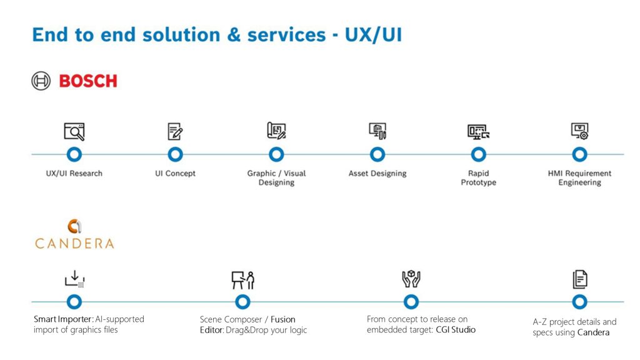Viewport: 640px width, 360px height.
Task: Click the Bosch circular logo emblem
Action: (41, 81)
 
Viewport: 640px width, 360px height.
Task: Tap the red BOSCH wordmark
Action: (88, 81)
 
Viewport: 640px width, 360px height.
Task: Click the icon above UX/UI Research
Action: (74, 131)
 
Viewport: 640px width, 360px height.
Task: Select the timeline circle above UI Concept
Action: (176, 154)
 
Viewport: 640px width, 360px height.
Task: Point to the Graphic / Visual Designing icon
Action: (276, 131)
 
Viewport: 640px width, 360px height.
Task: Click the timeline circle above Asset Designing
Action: (377, 154)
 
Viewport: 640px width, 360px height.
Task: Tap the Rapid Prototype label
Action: (478, 178)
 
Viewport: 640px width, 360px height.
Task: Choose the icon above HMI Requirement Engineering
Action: (579, 131)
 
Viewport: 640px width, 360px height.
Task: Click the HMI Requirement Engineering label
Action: (579, 178)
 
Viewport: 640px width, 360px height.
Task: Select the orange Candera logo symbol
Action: (74, 226)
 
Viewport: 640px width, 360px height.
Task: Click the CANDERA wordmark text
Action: (74, 244)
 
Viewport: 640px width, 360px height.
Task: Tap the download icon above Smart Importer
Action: (74, 279)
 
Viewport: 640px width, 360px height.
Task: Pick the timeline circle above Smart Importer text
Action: (74, 302)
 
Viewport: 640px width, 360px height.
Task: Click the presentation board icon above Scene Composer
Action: (242, 279)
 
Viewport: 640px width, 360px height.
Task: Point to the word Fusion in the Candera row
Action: (283, 319)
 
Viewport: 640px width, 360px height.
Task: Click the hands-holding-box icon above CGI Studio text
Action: (411, 279)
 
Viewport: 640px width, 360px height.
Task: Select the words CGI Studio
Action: (456, 329)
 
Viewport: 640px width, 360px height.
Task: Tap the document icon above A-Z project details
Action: (579, 279)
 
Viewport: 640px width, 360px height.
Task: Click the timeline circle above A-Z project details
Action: (579, 302)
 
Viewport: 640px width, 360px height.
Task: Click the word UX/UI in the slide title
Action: (373, 34)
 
